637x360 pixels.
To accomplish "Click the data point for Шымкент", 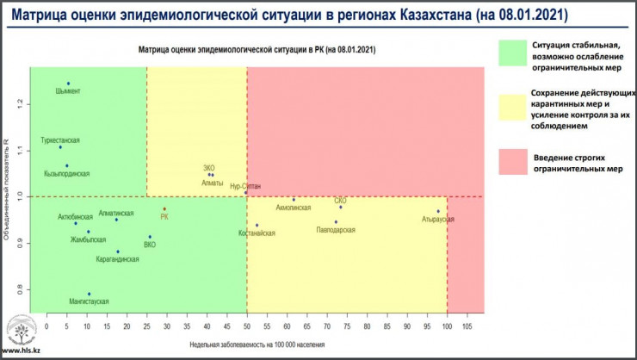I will tap(68, 84).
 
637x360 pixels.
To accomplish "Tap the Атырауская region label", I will tap(437, 220).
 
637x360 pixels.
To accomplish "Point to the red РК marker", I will tap(164, 209).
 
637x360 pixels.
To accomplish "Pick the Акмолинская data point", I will tap(294, 200).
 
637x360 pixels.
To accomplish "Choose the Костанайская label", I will tap(257, 233).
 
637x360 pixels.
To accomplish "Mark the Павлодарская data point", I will tap(336, 222).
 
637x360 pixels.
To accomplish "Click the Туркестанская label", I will tap(60, 139).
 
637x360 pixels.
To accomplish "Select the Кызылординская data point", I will tap(66, 166).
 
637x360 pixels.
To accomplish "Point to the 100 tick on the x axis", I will tap(447, 327).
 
